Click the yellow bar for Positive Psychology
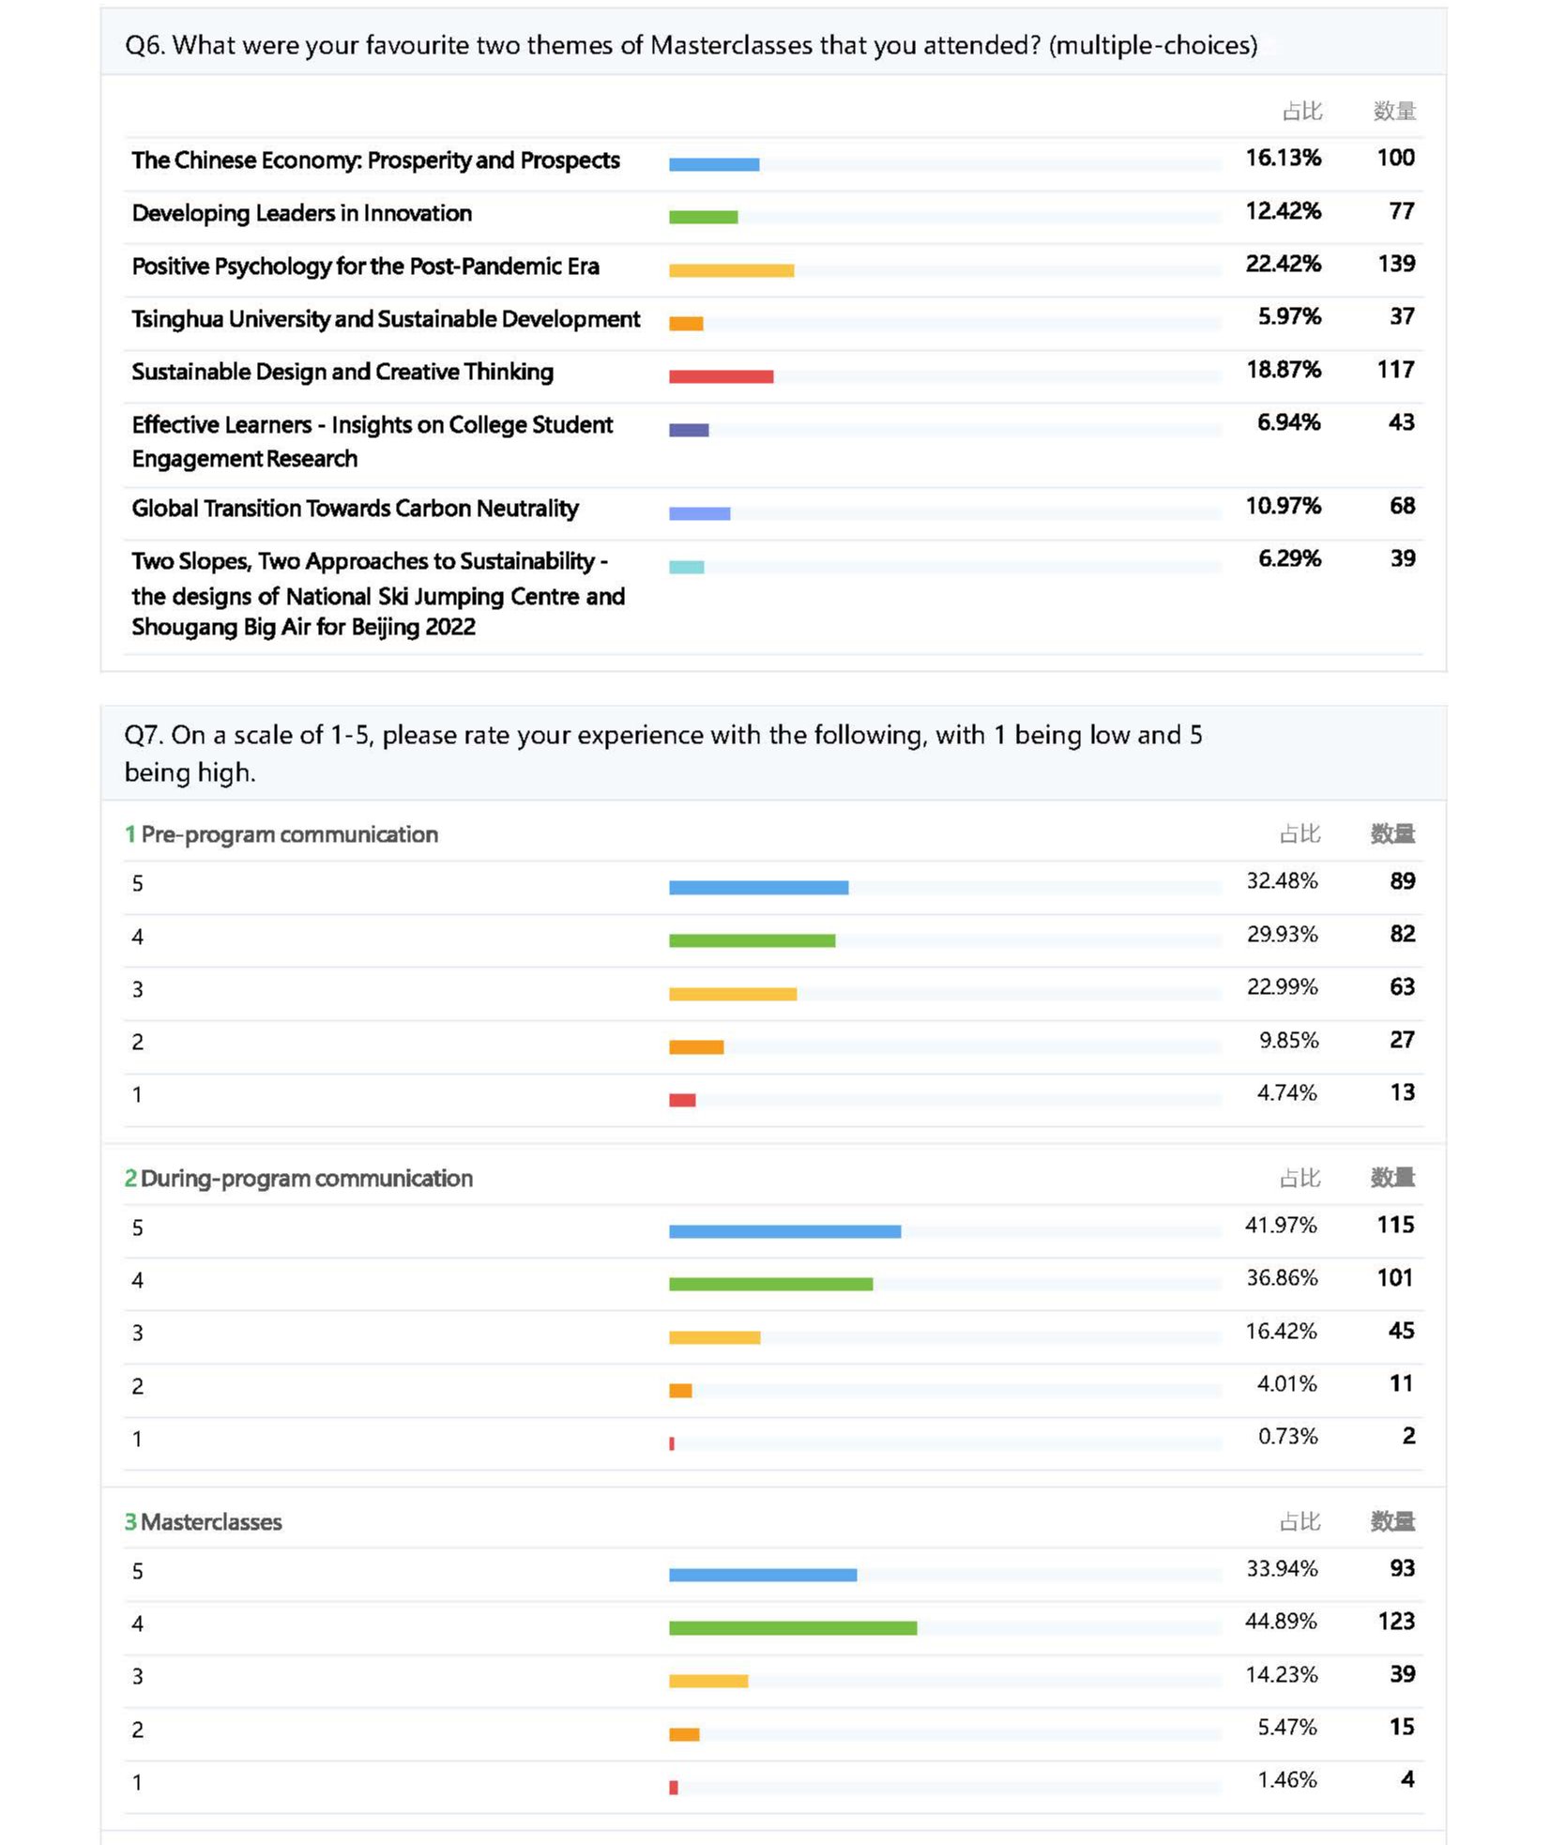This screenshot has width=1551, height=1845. click(x=731, y=271)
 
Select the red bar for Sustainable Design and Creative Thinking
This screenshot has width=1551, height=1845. click(x=721, y=376)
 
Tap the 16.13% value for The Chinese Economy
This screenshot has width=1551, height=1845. click(x=1283, y=158)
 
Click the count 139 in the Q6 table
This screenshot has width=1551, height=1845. click(x=1395, y=264)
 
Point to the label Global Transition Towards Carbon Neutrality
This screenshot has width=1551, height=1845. click(x=355, y=509)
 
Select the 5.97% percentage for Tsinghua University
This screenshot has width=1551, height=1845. click(x=1288, y=316)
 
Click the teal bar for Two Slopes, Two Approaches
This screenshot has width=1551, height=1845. click(x=686, y=567)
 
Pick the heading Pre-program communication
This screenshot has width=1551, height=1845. click(x=288, y=834)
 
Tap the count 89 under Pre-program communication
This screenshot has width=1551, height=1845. click(x=1402, y=881)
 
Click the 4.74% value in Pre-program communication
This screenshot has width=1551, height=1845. click(x=1286, y=1092)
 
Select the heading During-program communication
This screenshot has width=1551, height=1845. click(x=306, y=1179)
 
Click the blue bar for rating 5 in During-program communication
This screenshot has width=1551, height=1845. click(x=784, y=1231)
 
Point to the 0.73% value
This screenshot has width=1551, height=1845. click(x=1287, y=1436)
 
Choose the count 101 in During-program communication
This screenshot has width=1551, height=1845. click(x=1394, y=1277)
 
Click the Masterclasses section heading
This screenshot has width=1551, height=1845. click(x=210, y=1522)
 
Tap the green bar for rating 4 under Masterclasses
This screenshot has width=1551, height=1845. click(x=792, y=1628)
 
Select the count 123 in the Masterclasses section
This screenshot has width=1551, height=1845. click(x=1395, y=1621)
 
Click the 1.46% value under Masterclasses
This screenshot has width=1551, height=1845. click(x=1286, y=1779)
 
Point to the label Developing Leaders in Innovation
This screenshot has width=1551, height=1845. click(x=301, y=214)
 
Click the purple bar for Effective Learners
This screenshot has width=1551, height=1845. click(x=689, y=430)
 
